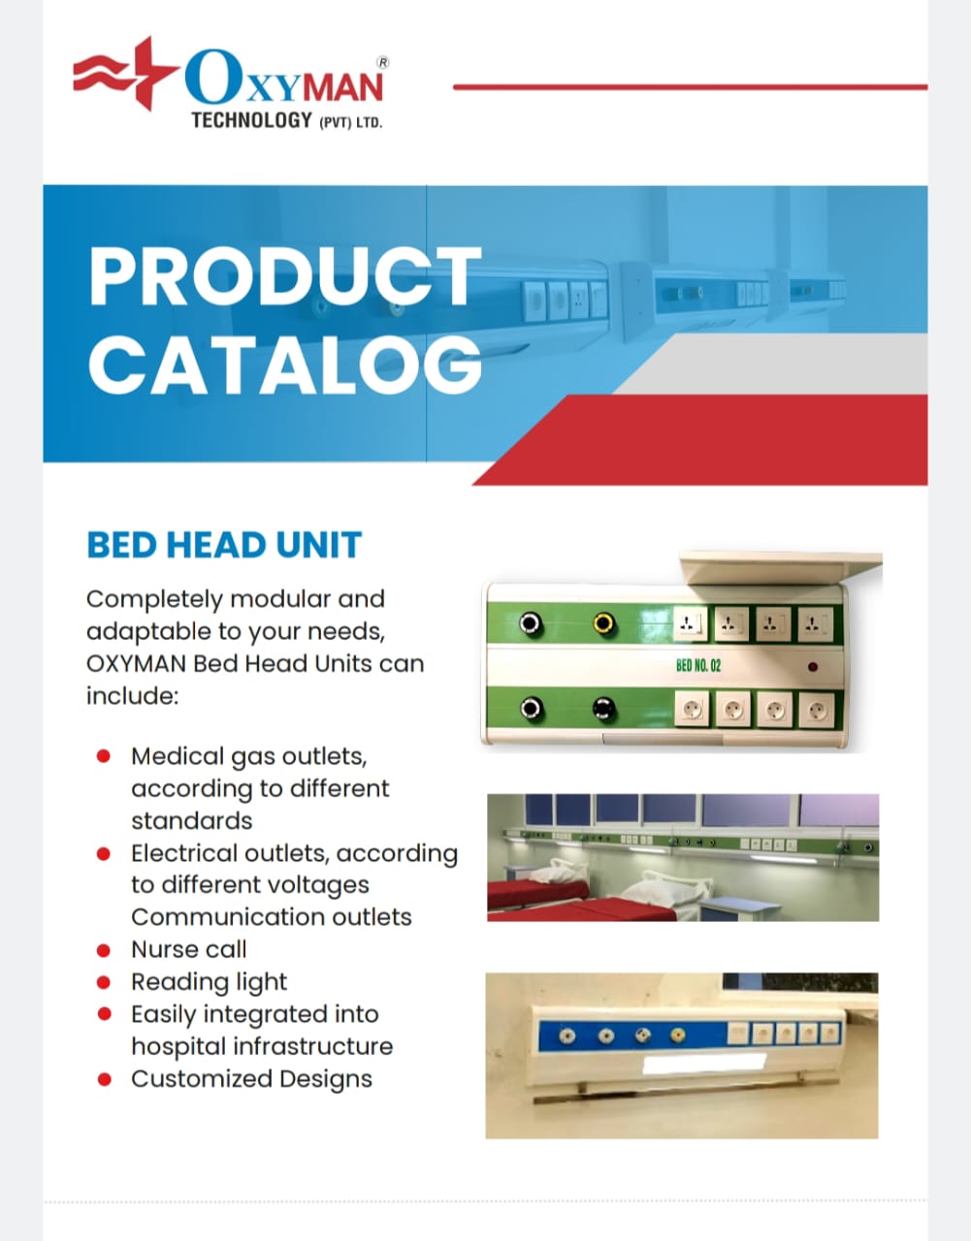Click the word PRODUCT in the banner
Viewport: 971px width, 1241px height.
tap(284, 276)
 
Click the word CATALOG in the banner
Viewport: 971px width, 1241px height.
tap(285, 365)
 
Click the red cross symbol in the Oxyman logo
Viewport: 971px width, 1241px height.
tap(149, 74)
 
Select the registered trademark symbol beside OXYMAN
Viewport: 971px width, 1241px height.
tap(383, 63)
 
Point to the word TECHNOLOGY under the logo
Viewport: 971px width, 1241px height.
tap(251, 120)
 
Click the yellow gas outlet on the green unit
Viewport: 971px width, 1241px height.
tap(603, 622)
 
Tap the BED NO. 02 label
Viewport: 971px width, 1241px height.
tap(698, 665)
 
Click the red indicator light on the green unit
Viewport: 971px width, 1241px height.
tap(812, 666)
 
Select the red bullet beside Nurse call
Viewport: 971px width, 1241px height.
tap(104, 950)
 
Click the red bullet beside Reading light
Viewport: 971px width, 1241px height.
tap(104, 982)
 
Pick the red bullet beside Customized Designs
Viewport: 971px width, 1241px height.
tap(104, 1079)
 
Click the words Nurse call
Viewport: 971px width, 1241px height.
tap(188, 949)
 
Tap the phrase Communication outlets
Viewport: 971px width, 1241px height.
tap(272, 917)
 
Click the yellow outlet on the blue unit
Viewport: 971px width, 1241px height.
tap(677, 1034)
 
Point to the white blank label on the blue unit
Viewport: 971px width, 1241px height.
tap(703, 1064)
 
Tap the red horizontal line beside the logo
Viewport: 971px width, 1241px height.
tap(690, 87)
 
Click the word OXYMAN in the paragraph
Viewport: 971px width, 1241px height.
tap(136, 664)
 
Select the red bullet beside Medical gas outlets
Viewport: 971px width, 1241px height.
tap(104, 756)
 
